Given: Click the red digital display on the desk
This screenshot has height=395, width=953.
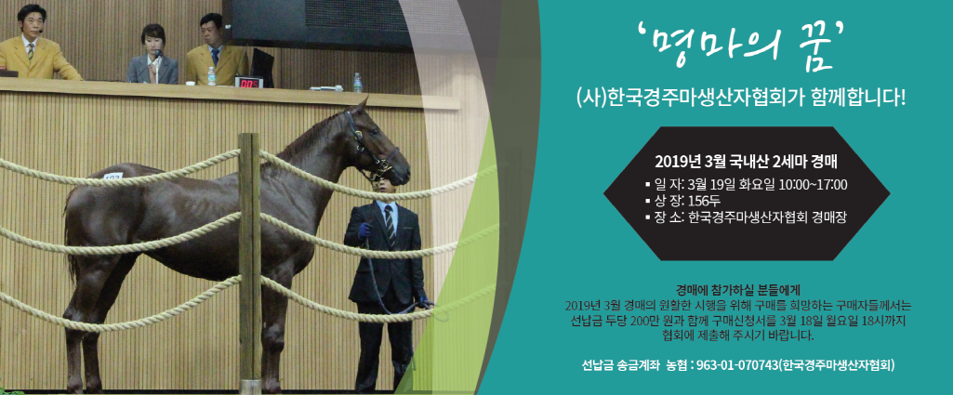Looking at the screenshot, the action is [x=249, y=82].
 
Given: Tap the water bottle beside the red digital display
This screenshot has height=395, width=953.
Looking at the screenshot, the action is [x=211, y=76].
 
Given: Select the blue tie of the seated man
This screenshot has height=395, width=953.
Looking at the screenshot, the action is [x=216, y=57].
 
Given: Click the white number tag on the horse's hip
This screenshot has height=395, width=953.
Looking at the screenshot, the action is [x=113, y=178].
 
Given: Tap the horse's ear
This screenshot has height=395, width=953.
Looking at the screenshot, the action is [x=363, y=104].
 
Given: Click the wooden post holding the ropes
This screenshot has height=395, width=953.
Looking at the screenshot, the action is [x=249, y=261].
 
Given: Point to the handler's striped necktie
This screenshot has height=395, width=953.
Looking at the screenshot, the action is [x=389, y=225].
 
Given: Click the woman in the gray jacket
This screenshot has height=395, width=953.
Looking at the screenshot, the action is [x=152, y=55].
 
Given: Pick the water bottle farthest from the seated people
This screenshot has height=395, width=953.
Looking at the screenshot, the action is [x=357, y=83].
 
